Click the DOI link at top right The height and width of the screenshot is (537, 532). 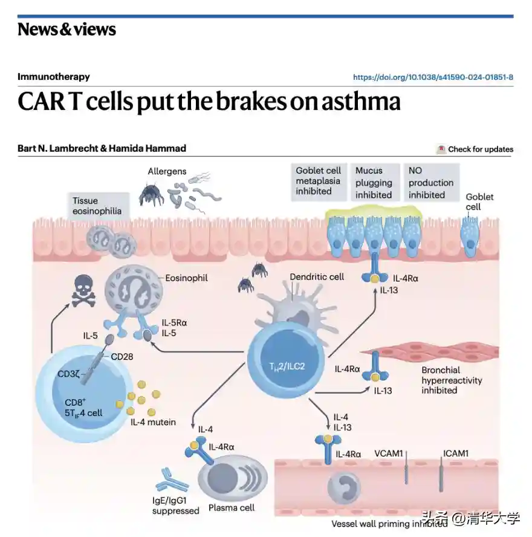(x=433, y=77)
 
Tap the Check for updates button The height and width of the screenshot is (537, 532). (x=475, y=149)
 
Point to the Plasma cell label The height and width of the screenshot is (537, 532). (x=231, y=507)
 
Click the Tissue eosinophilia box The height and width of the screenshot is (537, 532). (x=97, y=206)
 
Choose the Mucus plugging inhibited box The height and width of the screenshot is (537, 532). (x=374, y=183)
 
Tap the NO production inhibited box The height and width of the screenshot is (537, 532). (x=430, y=183)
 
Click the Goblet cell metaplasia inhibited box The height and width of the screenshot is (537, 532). (x=318, y=181)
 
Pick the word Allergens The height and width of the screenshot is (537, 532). (x=167, y=172)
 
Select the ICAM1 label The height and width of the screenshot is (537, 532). (x=456, y=453)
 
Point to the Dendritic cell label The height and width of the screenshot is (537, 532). (x=317, y=276)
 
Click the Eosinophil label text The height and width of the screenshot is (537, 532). (x=187, y=278)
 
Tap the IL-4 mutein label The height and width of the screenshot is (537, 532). (x=153, y=421)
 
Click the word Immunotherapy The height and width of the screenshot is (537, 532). (x=54, y=77)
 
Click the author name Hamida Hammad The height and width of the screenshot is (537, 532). (x=148, y=148)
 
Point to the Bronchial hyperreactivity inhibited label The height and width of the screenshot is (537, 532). (x=449, y=380)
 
